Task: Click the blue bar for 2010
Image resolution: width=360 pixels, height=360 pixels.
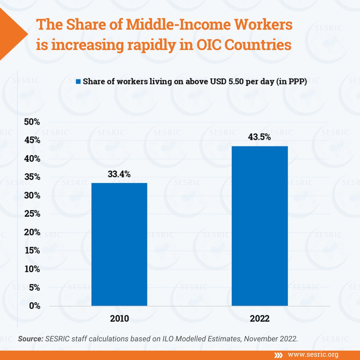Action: click(119, 244)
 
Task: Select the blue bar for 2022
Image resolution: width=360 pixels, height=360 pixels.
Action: click(260, 226)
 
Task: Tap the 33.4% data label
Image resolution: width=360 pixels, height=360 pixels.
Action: click(119, 174)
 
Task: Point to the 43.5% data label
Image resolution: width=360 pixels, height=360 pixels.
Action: click(259, 137)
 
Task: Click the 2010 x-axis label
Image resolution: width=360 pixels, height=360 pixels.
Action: click(119, 318)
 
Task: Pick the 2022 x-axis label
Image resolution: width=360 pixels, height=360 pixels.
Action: click(260, 318)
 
